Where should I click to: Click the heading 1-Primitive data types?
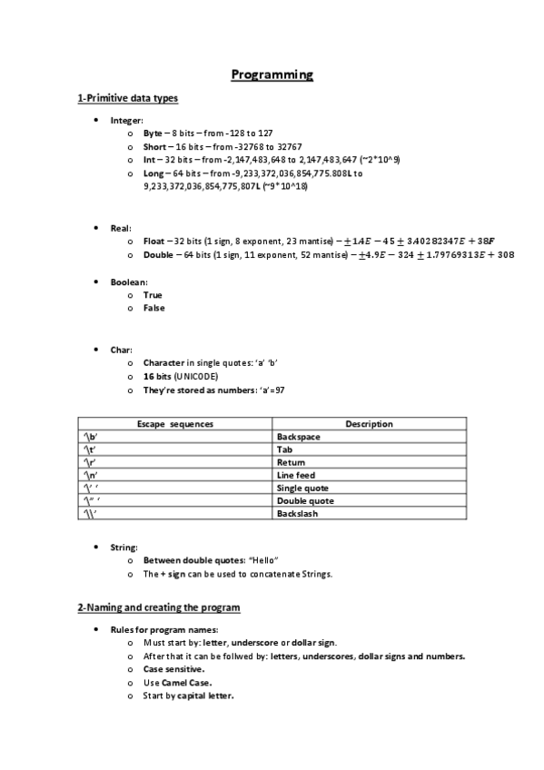tap(127, 98)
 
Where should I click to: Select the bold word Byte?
tap(153, 133)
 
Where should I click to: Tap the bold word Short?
tap(154, 146)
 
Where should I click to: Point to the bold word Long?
tap(153, 173)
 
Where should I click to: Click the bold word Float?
tap(154, 241)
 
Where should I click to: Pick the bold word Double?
tap(159, 254)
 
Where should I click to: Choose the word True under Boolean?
tap(153, 295)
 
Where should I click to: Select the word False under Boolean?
tap(154, 308)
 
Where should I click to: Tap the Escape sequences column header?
tap(175, 424)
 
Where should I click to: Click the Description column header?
tap(369, 424)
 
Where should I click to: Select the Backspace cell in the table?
tap(298, 437)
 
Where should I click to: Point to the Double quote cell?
tap(304, 500)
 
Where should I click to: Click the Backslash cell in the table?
tap(297, 513)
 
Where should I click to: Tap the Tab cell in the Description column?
tap(283, 449)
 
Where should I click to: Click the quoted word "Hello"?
tap(262, 560)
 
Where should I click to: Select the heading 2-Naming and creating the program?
tap(159, 607)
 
